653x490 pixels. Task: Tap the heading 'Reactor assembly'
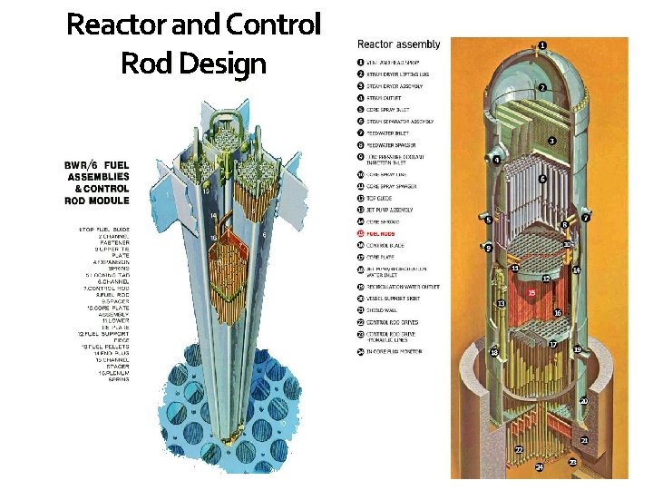[x=399, y=44]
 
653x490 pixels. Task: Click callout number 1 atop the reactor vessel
[x=542, y=44]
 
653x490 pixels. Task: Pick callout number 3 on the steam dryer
[x=551, y=141]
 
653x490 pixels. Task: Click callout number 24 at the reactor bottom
[x=539, y=466]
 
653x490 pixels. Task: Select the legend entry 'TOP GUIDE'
[x=385, y=198]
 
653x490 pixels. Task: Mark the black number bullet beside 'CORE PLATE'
[x=361, y=257]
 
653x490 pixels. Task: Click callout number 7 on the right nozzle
[x=587, y=218]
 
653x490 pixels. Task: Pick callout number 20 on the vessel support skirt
[x=584, y=400]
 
